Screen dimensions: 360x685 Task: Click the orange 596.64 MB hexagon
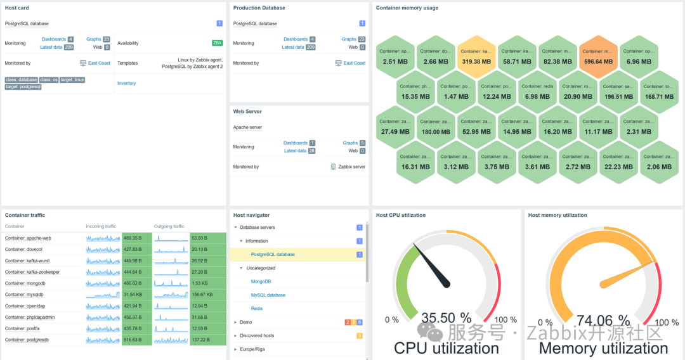(598, 56)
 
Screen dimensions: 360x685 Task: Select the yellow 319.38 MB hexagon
(476, 56)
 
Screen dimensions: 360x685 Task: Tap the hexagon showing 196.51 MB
(618, 91)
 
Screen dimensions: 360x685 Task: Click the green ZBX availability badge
(217, 43)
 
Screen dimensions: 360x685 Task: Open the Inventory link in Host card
(126, 83)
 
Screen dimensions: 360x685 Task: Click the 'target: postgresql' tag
(23, 87)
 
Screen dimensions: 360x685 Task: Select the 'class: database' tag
(21, 80)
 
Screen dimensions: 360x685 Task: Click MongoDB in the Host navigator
(261, 281)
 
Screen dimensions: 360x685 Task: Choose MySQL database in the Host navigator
(268, 295)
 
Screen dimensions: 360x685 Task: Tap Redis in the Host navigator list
(257, 309)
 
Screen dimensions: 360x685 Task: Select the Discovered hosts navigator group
(257, 336)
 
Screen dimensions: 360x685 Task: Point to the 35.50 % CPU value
(447, 318)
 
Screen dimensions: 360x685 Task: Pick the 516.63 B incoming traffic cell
(136, 340)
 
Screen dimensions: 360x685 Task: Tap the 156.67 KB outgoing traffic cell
(207, 295)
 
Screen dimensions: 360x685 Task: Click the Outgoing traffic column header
(169, 226)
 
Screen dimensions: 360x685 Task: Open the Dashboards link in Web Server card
(295, 143)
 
